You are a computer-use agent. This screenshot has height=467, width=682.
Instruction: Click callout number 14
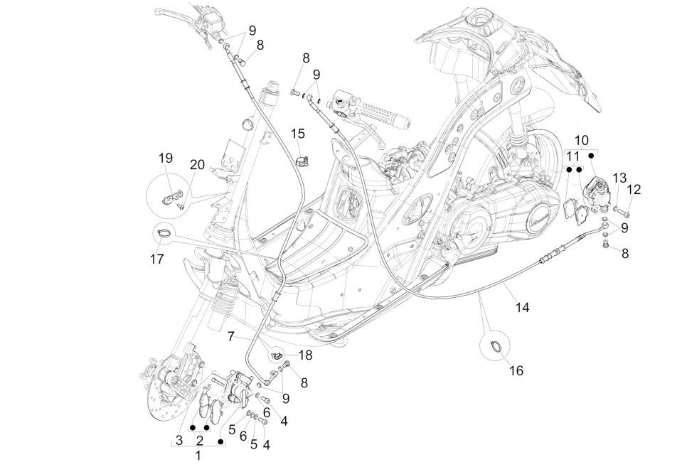pos(523,308)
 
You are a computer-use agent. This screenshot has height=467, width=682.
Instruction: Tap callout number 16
pos(517,370)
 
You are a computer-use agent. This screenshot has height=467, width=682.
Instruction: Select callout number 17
pos(157,259)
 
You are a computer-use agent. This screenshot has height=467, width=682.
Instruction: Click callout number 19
pos(165,158)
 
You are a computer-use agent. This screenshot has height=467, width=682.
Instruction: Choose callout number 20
pos(198,165)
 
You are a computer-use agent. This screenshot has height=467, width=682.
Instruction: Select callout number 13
pos(619,177)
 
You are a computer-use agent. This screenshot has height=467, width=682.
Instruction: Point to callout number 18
pos(305,354)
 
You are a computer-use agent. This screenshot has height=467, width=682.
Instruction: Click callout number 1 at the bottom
pos(198,455)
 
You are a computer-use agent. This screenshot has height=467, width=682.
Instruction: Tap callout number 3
pos(179,441)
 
